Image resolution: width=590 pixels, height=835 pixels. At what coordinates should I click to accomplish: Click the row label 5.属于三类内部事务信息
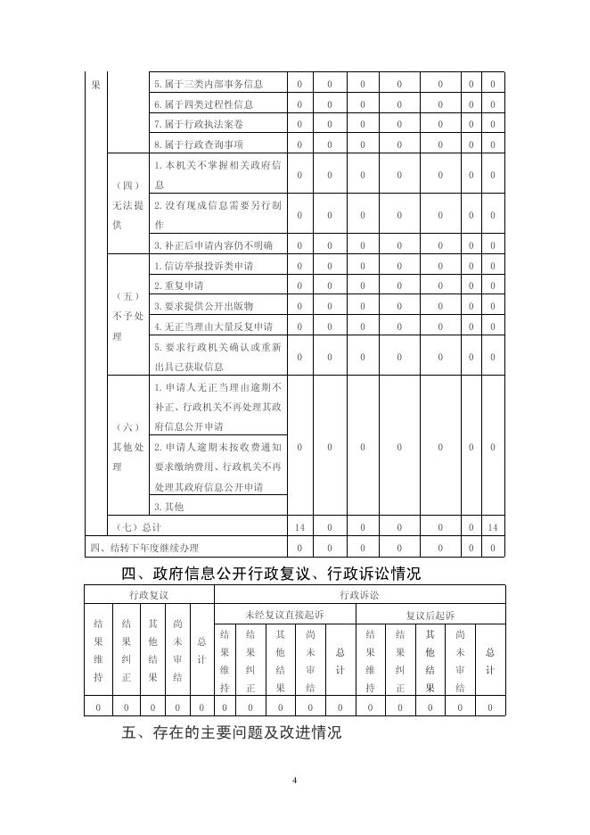pyautogui.click(x=208, y=84)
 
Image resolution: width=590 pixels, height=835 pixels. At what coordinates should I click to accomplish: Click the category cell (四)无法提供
pyautogui.click(x=127, y=204)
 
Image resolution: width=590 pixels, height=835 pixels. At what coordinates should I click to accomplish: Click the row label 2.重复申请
pyautogui.click(x=178, y=286)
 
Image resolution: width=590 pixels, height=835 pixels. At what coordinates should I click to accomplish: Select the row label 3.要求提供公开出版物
pyautogui.click(x=203, y=306)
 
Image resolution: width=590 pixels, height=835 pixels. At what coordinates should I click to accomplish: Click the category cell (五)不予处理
pyautogui.click(x=127, y=316)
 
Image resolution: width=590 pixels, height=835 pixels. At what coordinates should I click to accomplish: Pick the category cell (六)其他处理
pyautogui.click(x=127, y=446)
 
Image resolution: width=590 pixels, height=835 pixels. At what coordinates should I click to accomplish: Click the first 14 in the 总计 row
pyautogui.click(x=299, y=527)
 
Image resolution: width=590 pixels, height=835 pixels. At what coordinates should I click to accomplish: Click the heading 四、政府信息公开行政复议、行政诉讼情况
pyautogui.click(x=271, y=574)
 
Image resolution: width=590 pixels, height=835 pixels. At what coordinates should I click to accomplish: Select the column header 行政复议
pyautogui.click(x=149, y=594)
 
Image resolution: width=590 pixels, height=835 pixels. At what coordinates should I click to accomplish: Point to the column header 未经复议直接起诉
pyautogui.click(x=284, y=615)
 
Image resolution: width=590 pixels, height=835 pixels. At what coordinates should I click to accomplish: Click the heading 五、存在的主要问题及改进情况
pyautogui.click(x=231, y=732)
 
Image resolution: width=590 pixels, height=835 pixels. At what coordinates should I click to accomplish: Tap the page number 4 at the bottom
pyautogui.click(x=295, y=781)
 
